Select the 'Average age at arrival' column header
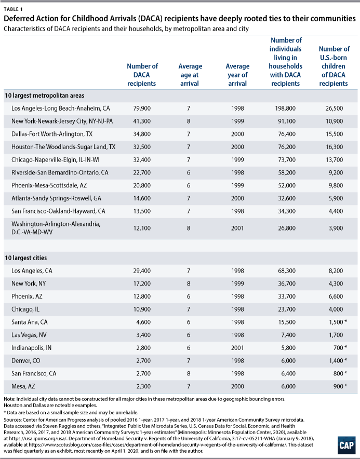[x=190, y=75]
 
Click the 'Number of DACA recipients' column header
[x=142, y=75]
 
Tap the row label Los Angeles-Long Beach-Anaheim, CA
[x=61, y=109]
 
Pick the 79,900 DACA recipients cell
[x=142, y=109]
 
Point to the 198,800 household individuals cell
[x=285, y=109]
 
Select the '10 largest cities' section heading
[x=26, y=258]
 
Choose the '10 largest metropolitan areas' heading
[x=45, y=96]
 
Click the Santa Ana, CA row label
[x=29, y=322]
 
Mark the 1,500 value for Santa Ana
[x=336, y=322]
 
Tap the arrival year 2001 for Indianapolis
[x=237, y=348]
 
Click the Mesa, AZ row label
[x=23, y=386]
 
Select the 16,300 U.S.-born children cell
[x=334, y=147]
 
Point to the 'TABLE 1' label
[x=13, y=9]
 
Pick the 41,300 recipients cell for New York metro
[x=142, y=121]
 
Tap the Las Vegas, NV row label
[x=29, y=335]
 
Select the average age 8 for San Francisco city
[x=189, y=373]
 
